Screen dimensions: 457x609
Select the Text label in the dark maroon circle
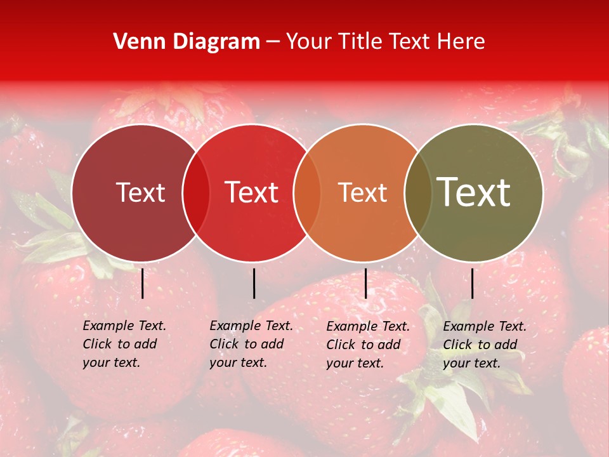140,193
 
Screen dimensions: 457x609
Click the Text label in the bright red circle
252,193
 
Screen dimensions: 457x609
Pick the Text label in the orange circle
362,193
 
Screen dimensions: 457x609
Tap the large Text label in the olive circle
474,192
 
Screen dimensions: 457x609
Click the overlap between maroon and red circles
196,193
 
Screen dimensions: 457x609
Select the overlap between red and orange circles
307,193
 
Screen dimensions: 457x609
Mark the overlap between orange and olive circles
418,193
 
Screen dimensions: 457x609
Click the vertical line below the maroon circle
142,283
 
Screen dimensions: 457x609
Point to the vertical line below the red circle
254,283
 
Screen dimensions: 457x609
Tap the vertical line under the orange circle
365,283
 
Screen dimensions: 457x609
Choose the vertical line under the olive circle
472,283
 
